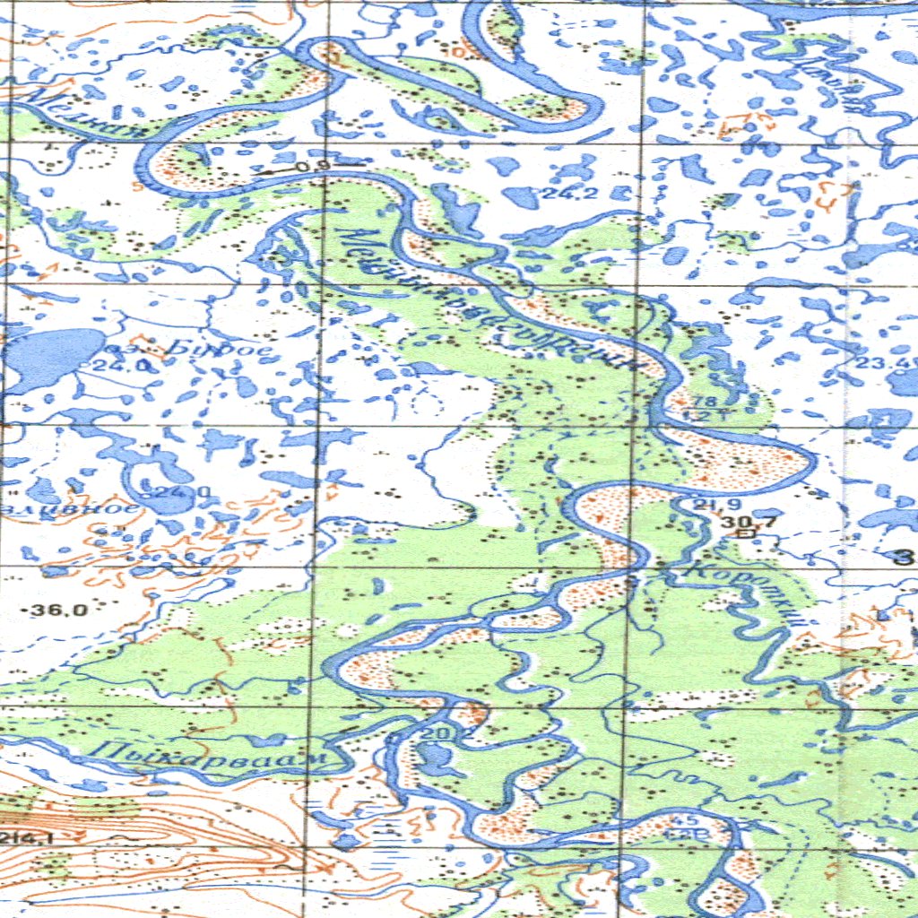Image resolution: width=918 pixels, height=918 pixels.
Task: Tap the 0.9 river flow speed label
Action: point(311,167)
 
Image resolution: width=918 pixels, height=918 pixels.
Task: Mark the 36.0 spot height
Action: point(59,611)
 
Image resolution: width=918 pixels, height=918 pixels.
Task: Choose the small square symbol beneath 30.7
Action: point(743,534)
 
